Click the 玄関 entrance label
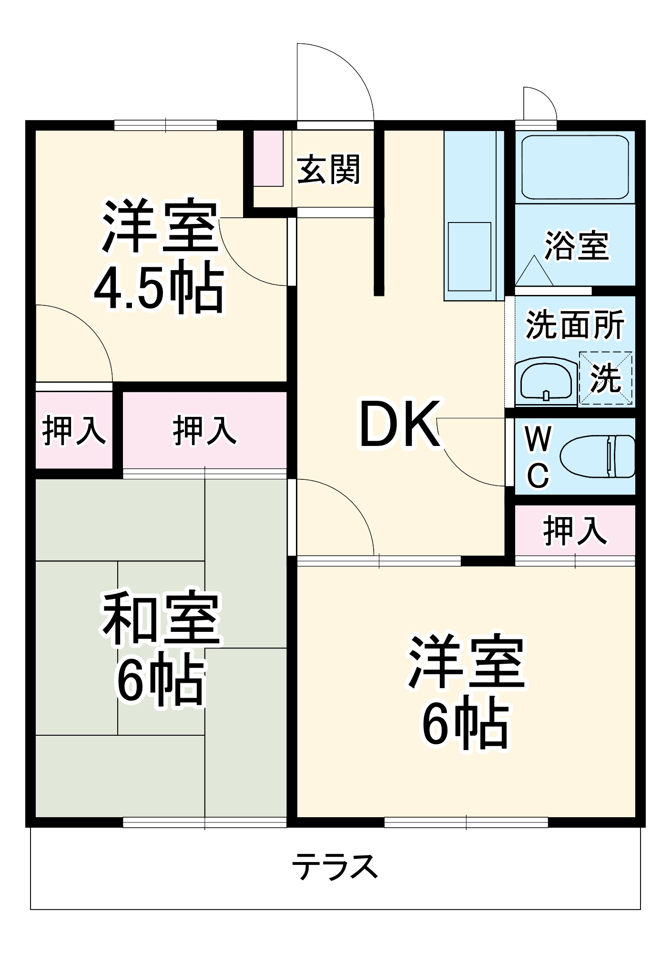[328, 169]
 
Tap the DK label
[399, 425]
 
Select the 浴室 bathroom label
[577, 246]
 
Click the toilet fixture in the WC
[598, 456]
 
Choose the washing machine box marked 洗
[606, 379]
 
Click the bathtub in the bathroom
[575, 167]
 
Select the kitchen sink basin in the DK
[469, 256]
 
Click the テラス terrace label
[335, 866]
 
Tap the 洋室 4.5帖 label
[159, 256]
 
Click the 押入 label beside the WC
[575, 530]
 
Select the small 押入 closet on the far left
[74, 430]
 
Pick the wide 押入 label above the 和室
[204, 430]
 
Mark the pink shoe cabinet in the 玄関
[268, 158]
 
